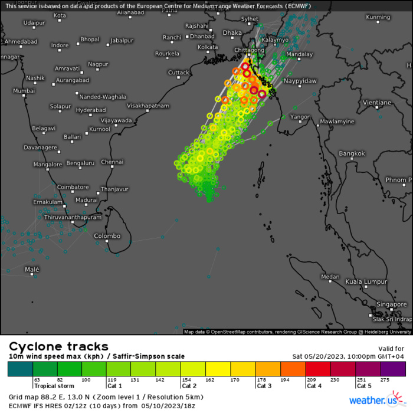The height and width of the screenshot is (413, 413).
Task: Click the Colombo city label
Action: coord(107,236)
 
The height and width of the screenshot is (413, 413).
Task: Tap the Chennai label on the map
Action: coord(112,162)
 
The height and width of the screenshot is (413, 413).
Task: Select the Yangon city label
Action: coord(300,117)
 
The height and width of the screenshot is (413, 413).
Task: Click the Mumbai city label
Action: coord(24,91)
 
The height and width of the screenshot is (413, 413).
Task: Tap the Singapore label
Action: coord(392,304)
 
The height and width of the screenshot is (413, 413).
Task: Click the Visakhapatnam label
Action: coord(148,106)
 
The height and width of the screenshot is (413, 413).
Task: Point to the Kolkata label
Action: coord(208,47)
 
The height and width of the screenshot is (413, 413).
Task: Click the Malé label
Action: coord(32,269)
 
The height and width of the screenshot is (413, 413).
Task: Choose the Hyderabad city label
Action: coord(91,110)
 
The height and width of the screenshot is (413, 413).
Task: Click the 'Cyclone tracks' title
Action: coord(58,346)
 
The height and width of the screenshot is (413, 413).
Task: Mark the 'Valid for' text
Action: coord(390,349)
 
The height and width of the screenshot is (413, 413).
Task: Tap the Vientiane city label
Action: coord(377,103)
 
